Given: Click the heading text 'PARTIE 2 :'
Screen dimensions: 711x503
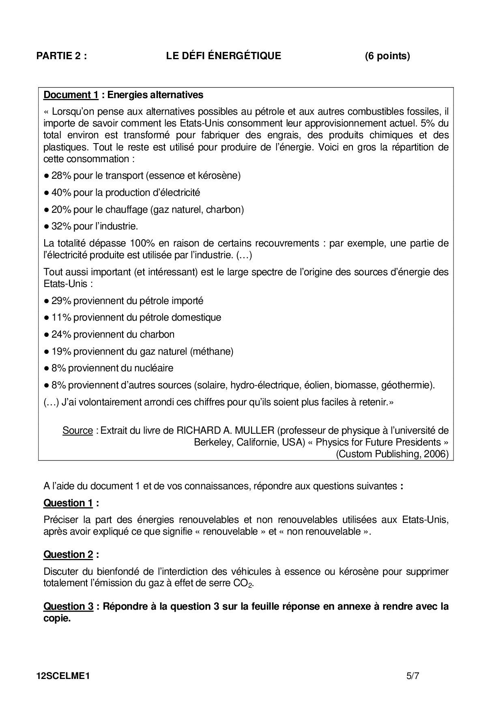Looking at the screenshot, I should pos(62,56).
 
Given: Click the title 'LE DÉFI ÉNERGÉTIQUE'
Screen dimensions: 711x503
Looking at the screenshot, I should pos(224,56).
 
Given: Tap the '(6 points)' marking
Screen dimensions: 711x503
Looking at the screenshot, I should pos(387,56).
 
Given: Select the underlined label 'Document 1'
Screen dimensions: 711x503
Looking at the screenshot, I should pos(71,95).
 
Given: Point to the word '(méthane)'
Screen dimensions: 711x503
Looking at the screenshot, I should pos(211,351).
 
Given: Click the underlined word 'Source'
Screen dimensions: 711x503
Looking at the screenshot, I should pos(77,430).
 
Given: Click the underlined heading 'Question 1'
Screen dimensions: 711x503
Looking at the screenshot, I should pos(68,503).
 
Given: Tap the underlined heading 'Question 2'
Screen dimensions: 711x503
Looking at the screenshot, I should pos(68,554).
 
